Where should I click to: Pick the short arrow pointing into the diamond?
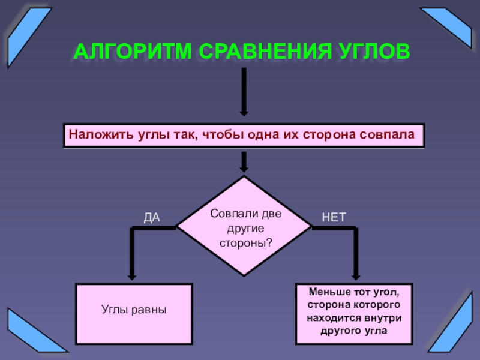[244, 161]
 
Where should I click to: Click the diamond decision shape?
[244, 227]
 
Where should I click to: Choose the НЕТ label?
[334, 217]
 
